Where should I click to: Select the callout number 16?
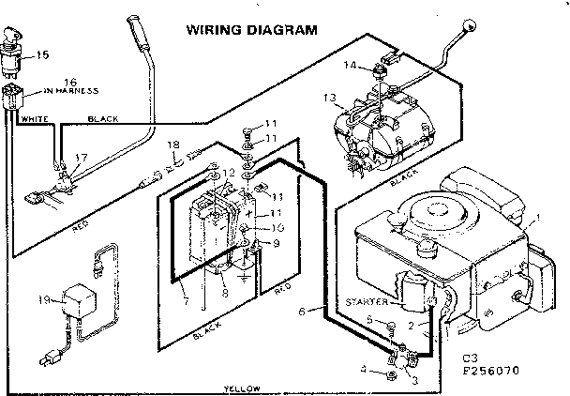[43, 82]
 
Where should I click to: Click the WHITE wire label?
[35, 119]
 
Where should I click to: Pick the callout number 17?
[82, 158]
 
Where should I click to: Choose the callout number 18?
[173, 145]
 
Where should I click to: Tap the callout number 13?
[329, 97]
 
